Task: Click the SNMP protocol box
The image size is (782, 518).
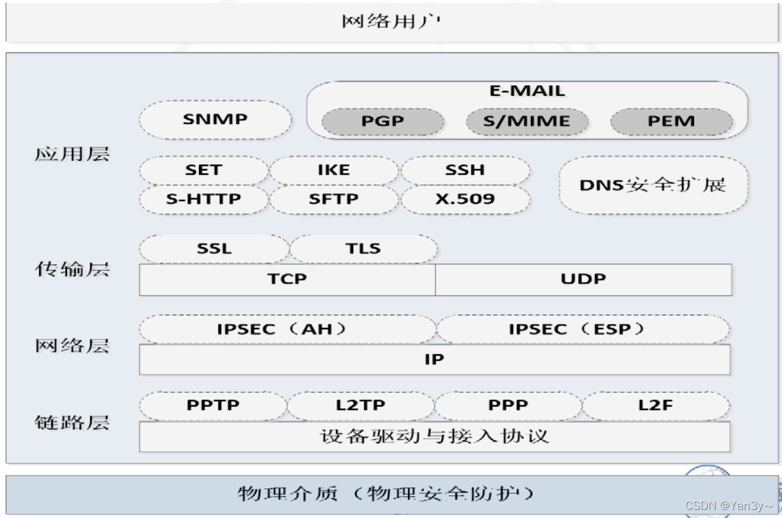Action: click(215, 120)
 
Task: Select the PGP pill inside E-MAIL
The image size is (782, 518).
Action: click(382, 121)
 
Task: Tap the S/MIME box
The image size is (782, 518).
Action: click(527, 121)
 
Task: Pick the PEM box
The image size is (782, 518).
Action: click(671, 121)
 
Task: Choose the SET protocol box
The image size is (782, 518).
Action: click(204, 170)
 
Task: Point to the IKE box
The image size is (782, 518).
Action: click(333, 170)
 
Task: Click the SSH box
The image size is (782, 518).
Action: click(465, 170)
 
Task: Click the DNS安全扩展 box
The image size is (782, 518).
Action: click(653, 185)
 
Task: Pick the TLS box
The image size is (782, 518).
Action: click(363, 248)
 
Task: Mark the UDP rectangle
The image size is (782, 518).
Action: click(583, 279)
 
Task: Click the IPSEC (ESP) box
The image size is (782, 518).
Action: click(583, 329)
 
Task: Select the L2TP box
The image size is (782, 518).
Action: click(361, 405)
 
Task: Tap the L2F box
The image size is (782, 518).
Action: click(656, 405)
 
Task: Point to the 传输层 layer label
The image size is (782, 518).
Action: click(71, 270)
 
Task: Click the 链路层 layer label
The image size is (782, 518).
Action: click(71, 423)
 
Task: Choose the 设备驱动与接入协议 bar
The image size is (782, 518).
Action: click(434, 436)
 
